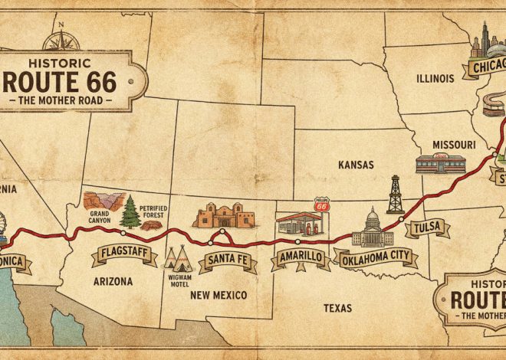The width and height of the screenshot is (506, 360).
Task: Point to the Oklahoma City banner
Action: point(374,257)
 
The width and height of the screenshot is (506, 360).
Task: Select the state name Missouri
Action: point(454,144)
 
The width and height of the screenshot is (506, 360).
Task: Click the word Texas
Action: point(337,308)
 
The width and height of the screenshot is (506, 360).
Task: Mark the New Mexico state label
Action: point(219,295)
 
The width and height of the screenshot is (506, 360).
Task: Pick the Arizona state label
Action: point(112,281)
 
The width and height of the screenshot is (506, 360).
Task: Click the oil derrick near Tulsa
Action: point(395,195)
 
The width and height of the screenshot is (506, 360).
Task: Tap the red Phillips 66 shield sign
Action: point(322,206)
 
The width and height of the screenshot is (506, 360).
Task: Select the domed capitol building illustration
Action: point(372,227)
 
